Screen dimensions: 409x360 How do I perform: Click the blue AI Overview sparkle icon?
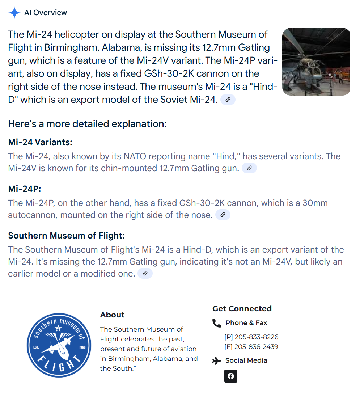(14, 13)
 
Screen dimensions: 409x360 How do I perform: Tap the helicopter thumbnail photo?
(316, 62)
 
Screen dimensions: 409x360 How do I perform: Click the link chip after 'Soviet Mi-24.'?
(228, 100)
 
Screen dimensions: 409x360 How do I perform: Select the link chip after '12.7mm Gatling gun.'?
(249, 168)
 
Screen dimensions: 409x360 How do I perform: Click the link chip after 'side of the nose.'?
(223, 215)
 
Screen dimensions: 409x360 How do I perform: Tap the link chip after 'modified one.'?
(145, 274)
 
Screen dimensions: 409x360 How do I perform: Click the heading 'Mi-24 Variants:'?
(40, 142)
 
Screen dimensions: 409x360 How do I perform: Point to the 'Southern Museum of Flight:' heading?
(66, 236)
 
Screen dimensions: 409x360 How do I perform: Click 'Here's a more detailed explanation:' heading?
(87, 124)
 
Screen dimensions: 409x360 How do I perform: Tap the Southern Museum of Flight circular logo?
(59, 345)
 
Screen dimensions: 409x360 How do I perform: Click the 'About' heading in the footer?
(112, 315)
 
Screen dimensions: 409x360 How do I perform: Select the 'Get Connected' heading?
(242, 309)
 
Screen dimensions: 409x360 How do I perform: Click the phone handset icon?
(216, 323)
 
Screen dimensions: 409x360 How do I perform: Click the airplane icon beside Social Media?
(216, 361)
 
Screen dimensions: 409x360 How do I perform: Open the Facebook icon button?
(231, 376)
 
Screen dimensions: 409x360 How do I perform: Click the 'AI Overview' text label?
(46, 13)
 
